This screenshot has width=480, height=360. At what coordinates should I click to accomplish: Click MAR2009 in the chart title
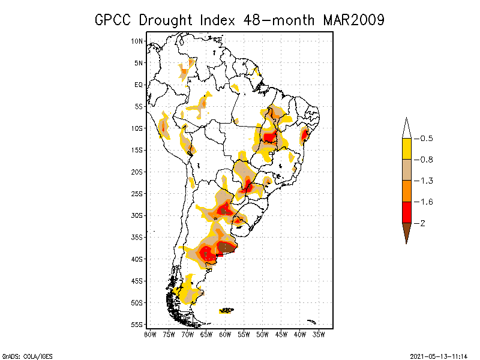(353, 20)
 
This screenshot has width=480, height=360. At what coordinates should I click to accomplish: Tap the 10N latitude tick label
(137, 41)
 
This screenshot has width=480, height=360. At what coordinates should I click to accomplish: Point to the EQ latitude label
(139, 85)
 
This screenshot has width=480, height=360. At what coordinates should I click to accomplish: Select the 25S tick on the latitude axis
(137, 193)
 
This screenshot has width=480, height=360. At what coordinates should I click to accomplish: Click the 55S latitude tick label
(137, 324)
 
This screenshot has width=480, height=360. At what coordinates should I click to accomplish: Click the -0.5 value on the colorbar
(424, 139)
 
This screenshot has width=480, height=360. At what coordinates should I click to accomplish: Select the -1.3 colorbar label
(424, 181)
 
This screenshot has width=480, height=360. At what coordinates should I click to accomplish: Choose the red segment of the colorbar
(406, 212)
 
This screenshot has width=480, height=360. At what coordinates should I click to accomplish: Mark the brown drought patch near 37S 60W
(226, 247)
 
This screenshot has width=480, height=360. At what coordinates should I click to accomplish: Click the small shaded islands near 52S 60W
(227, 310)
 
